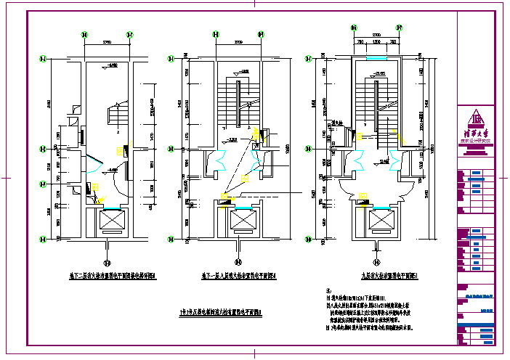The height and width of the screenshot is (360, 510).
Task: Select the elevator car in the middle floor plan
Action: tap(239, 220)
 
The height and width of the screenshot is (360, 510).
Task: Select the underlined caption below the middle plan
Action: tap(240, 275)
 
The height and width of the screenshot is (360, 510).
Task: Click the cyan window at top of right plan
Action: tap(376, 58)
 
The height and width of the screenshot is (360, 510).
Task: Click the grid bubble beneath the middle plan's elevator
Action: tap(239, 263)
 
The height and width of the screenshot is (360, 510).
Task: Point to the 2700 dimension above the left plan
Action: tap(107, 41)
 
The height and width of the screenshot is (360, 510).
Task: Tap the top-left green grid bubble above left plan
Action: tap(85, 34)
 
